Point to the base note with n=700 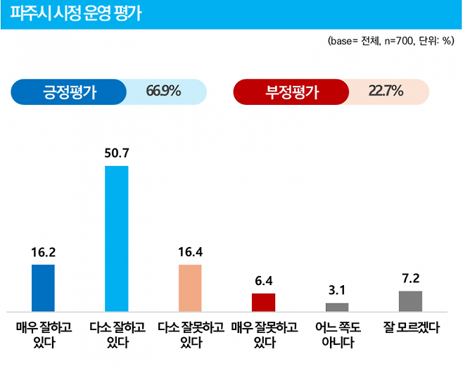393,42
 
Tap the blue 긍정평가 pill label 70,91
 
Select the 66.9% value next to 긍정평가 164,91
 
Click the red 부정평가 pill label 292,91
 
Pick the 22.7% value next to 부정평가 386,91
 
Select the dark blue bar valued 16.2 43,287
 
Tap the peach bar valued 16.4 190,287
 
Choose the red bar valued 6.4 263,302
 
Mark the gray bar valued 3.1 337,307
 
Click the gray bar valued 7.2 410,301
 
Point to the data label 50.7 117,152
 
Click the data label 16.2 43,251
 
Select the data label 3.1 337,290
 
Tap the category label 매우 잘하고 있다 43,335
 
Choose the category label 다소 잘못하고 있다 190,335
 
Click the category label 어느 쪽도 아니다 337,335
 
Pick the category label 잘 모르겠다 410,328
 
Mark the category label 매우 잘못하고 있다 263,335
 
